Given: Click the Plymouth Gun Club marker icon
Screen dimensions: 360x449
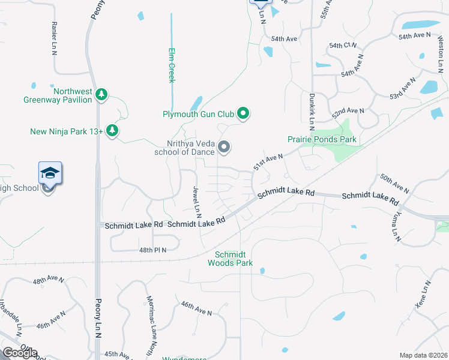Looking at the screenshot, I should (243, 113).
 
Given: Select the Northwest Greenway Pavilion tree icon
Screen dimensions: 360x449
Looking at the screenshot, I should (102, 94).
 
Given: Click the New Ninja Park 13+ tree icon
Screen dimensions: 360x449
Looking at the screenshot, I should (112, 131).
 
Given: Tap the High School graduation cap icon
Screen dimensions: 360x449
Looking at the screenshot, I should (50, 174).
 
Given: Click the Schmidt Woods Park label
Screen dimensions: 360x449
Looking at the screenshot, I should (230, 259).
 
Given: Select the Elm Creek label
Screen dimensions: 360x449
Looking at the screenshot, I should (171, 65).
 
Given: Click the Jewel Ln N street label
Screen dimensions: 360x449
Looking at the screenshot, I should (196, 201).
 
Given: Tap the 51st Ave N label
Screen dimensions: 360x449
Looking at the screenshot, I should (267, 161).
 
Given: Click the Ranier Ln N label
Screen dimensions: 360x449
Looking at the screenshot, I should (55, 39).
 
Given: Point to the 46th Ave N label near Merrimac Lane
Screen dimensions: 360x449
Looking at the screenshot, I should (196, 308).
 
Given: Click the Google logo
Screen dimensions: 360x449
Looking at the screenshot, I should (20, 353).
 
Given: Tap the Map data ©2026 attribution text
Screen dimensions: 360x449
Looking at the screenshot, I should (423, 355).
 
